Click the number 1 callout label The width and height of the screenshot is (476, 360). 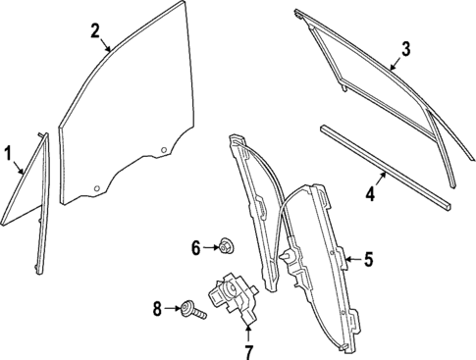(x=8, y=153)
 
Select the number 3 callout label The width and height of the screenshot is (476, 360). (x=404, y=48)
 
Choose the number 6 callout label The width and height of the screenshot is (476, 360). (x=194, y=247)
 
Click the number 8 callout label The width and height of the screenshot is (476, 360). (x=157, y=309)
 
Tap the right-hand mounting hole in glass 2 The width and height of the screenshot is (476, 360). (x=161, y=150)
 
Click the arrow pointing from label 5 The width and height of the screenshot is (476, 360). (x=350, y=259)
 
